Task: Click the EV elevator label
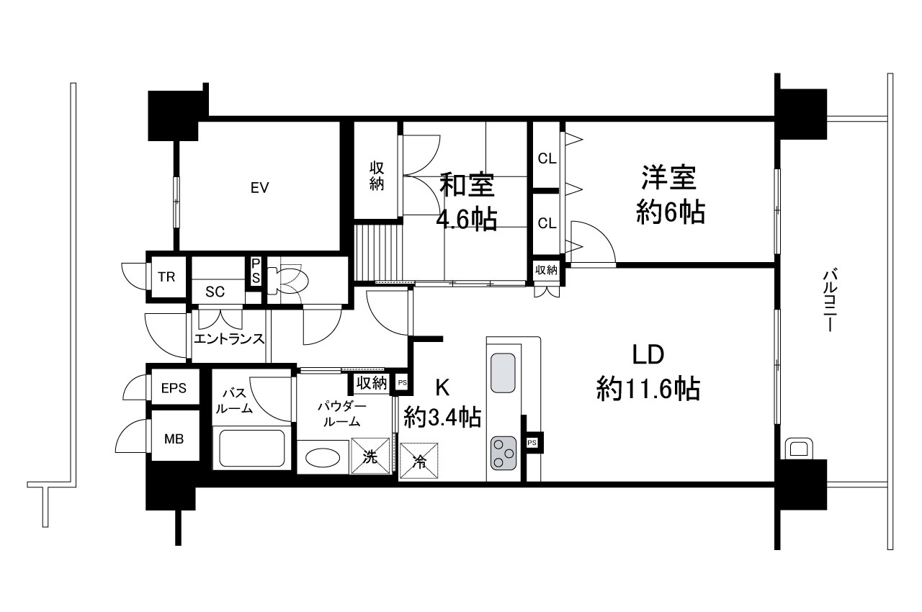[260, 188]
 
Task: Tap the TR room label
[166, 277]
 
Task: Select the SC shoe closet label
[215, 292]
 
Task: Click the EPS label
[174, 388]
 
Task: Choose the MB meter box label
[174, 439]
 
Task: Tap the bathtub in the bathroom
[252, 448]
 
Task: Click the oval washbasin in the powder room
[323, 458]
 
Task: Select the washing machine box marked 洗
[370, 456]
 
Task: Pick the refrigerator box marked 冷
[419, 461]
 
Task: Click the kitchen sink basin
[503, 373]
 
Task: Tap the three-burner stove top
[503, 454]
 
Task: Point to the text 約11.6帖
[648, 388]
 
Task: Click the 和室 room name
[467, 186]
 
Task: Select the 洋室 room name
[669, 178]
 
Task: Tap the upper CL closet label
[547, 158]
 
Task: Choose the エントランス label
[229, 339]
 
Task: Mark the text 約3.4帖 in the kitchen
[442, 417]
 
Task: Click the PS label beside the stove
[532, 443]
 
